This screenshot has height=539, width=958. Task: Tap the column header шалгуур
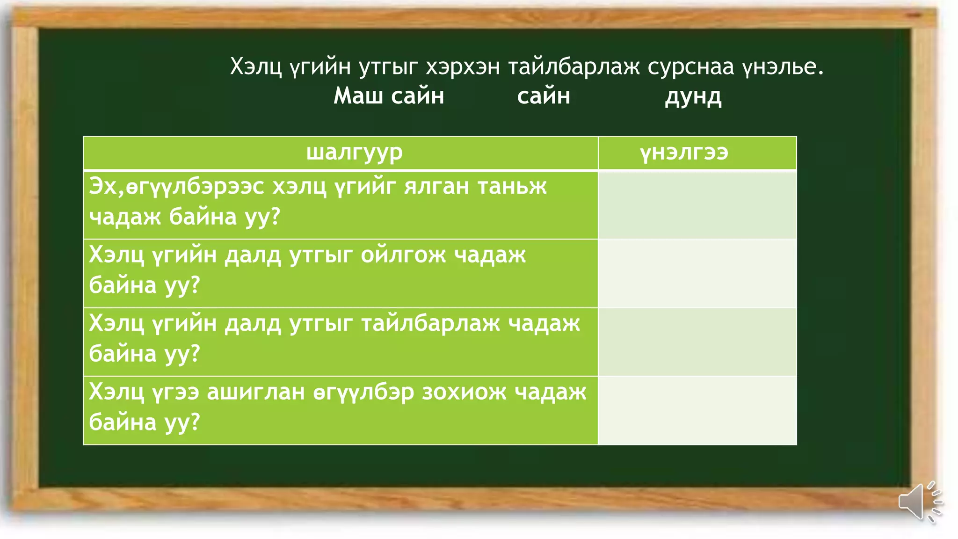(354, 153)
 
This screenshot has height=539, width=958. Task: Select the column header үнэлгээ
(684, 153)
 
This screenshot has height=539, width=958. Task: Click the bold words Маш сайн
(389, 96)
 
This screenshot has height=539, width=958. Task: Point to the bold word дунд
(693, 97)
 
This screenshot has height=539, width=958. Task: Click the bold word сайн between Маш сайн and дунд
(544, 96)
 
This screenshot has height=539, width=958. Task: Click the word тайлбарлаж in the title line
(574, 67)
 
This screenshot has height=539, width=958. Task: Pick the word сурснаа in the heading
(690, 67)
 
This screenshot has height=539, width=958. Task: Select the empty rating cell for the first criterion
(697, 205)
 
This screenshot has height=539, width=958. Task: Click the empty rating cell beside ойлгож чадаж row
(697, 273)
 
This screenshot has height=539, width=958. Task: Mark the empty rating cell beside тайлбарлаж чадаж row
(697, 342)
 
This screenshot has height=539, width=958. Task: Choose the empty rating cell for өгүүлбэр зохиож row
(697, 410)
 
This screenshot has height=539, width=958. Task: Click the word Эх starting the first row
(102, 186)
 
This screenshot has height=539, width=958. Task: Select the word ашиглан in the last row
(256, 392)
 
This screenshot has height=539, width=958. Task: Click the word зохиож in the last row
(464, 392)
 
